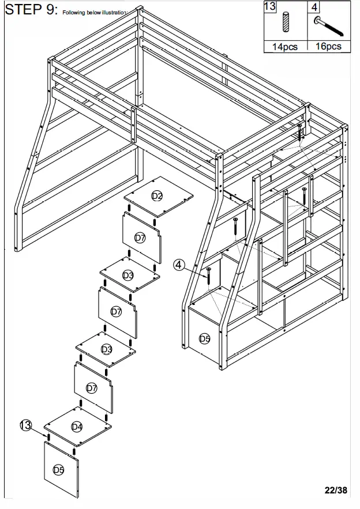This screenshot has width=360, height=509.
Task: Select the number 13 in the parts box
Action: coord(270,7)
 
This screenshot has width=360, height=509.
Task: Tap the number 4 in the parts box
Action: coord(314,7)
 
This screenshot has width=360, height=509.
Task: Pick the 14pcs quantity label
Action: coord(285,47)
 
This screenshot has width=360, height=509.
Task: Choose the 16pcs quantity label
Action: coord(328,47)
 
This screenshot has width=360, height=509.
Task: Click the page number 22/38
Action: coord(336,491)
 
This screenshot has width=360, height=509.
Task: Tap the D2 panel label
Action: coord(157,197)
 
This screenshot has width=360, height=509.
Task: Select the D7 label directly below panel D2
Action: coord(140,237)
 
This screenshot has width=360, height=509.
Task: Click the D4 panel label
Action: coord(77,427)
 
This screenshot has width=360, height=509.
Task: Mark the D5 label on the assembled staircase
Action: coord(204,338)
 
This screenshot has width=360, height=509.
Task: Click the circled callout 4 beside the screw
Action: coord(179,265)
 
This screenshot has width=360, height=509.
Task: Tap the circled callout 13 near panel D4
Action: coord(25,425)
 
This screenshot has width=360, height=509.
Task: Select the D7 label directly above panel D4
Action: coord(91,388)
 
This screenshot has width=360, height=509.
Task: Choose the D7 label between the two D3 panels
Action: coord(117,311)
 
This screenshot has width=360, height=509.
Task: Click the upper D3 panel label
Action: coord(128,276)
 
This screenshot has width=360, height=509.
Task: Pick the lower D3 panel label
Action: coord(107,349)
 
